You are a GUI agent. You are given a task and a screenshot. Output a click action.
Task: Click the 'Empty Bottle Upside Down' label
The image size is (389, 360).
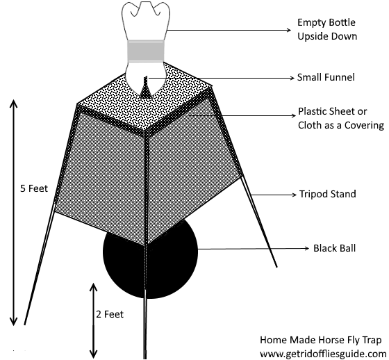pos(327,29)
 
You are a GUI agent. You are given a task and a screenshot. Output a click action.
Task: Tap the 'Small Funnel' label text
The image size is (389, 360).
pos(326,77)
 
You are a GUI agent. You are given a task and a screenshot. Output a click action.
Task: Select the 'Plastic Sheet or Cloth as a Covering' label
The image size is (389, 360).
pos(341,118)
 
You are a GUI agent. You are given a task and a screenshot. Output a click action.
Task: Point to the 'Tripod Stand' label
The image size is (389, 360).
pos(327,194)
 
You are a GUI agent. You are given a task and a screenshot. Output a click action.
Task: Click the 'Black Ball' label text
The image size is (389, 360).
pos(334,248)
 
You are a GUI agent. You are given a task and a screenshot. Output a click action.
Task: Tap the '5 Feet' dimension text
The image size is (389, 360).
pos(34,188)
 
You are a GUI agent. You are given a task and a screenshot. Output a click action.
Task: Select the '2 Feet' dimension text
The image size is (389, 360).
pos(110,314)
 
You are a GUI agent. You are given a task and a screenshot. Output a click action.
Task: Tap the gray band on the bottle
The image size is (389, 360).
pos(146,51)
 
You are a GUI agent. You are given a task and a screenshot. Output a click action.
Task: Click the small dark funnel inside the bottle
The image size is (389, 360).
pos(145,88)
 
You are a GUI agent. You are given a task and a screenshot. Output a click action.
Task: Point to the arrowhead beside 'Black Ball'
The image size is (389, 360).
pos(306,248)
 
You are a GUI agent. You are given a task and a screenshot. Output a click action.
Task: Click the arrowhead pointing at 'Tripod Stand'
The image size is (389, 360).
pos(295,195)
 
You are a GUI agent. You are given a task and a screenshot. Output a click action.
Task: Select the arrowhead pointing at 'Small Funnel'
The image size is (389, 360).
pos(292,78)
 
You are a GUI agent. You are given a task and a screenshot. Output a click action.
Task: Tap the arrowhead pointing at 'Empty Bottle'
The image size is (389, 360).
pos(289,30)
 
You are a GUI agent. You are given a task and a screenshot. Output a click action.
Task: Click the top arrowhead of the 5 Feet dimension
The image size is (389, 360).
pos(13,103)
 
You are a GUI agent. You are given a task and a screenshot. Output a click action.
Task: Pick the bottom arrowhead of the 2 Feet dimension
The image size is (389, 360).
pos(93,354)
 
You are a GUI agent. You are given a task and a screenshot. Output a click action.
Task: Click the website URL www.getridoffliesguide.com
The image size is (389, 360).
pos(323,354)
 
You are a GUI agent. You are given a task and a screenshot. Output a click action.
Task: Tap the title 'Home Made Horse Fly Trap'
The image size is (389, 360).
pos(320,340)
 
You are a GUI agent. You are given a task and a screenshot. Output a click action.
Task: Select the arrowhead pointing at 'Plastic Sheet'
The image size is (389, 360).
pos(293,116)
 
